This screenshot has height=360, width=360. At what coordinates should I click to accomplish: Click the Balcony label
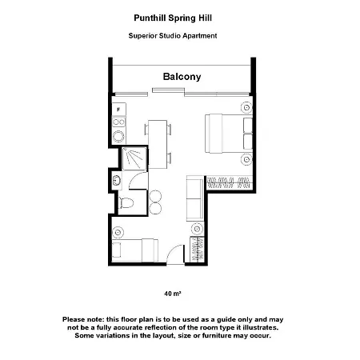point(182,77)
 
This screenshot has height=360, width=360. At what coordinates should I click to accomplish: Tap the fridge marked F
point(118,110)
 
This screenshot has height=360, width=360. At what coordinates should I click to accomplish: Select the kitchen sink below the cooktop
point(118,136)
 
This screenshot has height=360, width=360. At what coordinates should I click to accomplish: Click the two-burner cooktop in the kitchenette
point(118,122)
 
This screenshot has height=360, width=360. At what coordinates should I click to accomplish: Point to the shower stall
point(134,158)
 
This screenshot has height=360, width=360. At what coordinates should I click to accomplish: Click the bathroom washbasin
point(117,181)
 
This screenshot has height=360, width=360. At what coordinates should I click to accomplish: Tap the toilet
point(126,203)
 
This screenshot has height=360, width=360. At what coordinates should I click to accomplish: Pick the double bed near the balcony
point(229,134)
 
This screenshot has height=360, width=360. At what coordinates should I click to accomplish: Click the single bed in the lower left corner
point(135,250)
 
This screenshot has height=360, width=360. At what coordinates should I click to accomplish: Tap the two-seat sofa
point(194,198)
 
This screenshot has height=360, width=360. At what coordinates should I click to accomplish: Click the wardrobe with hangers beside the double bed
point(230,183)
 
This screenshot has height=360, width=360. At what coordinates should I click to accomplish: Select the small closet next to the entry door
point(197,250)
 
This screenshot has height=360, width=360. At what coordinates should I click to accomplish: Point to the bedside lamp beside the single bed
point(118,232)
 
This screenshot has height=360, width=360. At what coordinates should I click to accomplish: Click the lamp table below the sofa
point(197,229)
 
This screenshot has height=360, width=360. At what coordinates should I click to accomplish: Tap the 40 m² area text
point(173,294)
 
